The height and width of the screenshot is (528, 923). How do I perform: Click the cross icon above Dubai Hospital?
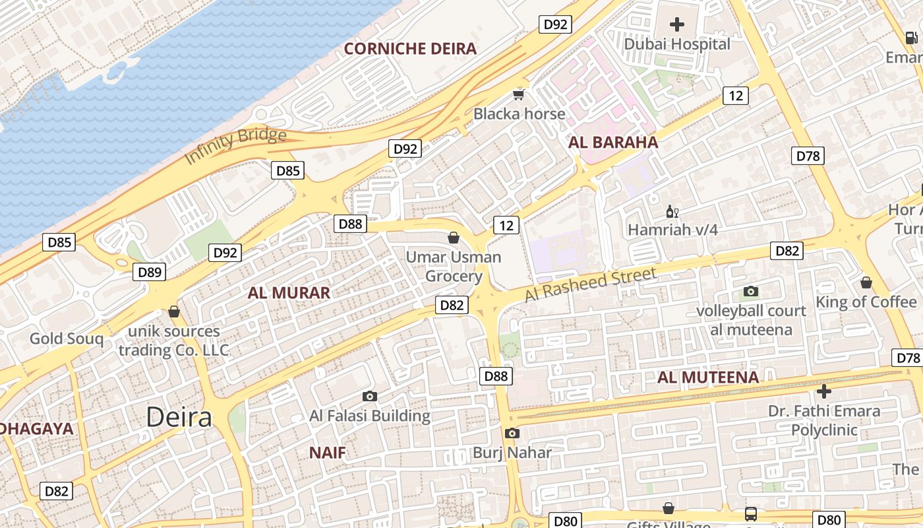click(x=677, y=25)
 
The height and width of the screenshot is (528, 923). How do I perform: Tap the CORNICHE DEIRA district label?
click(x=410, y=48)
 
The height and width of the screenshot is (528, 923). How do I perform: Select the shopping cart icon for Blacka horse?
click(x=519, y=94)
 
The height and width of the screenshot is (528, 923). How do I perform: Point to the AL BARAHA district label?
click(x=613, y=142)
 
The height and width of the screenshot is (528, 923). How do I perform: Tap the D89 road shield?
click(x=149, y=272)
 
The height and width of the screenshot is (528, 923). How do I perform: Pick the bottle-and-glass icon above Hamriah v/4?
click(x=672, y=212)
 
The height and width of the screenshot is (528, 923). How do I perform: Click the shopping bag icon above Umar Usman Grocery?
click(x=454, y=238)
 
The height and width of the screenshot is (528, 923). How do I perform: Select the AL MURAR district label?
click(x=289, y=293)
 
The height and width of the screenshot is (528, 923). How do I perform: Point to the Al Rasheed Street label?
click(x=591, y=284)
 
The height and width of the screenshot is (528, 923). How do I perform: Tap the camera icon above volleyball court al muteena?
click(x=751, y=291)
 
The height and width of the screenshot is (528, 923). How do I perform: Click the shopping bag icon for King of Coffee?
click(x=866, y=282)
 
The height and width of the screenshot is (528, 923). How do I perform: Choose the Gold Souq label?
click(x=67, y=339)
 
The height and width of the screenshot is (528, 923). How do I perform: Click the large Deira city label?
click(x=179, y=416)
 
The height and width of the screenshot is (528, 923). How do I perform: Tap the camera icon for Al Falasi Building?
click(x=370, y=396)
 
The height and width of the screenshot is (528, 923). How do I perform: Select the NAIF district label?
click(x=328, y=453)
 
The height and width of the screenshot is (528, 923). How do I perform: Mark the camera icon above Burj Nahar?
click(x=512, y=434)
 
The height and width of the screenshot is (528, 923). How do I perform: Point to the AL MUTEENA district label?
click(x=708, y=378)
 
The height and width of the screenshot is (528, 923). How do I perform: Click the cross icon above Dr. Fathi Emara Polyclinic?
click(x=824, y=391)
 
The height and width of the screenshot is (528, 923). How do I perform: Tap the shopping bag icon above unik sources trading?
click(x=174, y=311)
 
